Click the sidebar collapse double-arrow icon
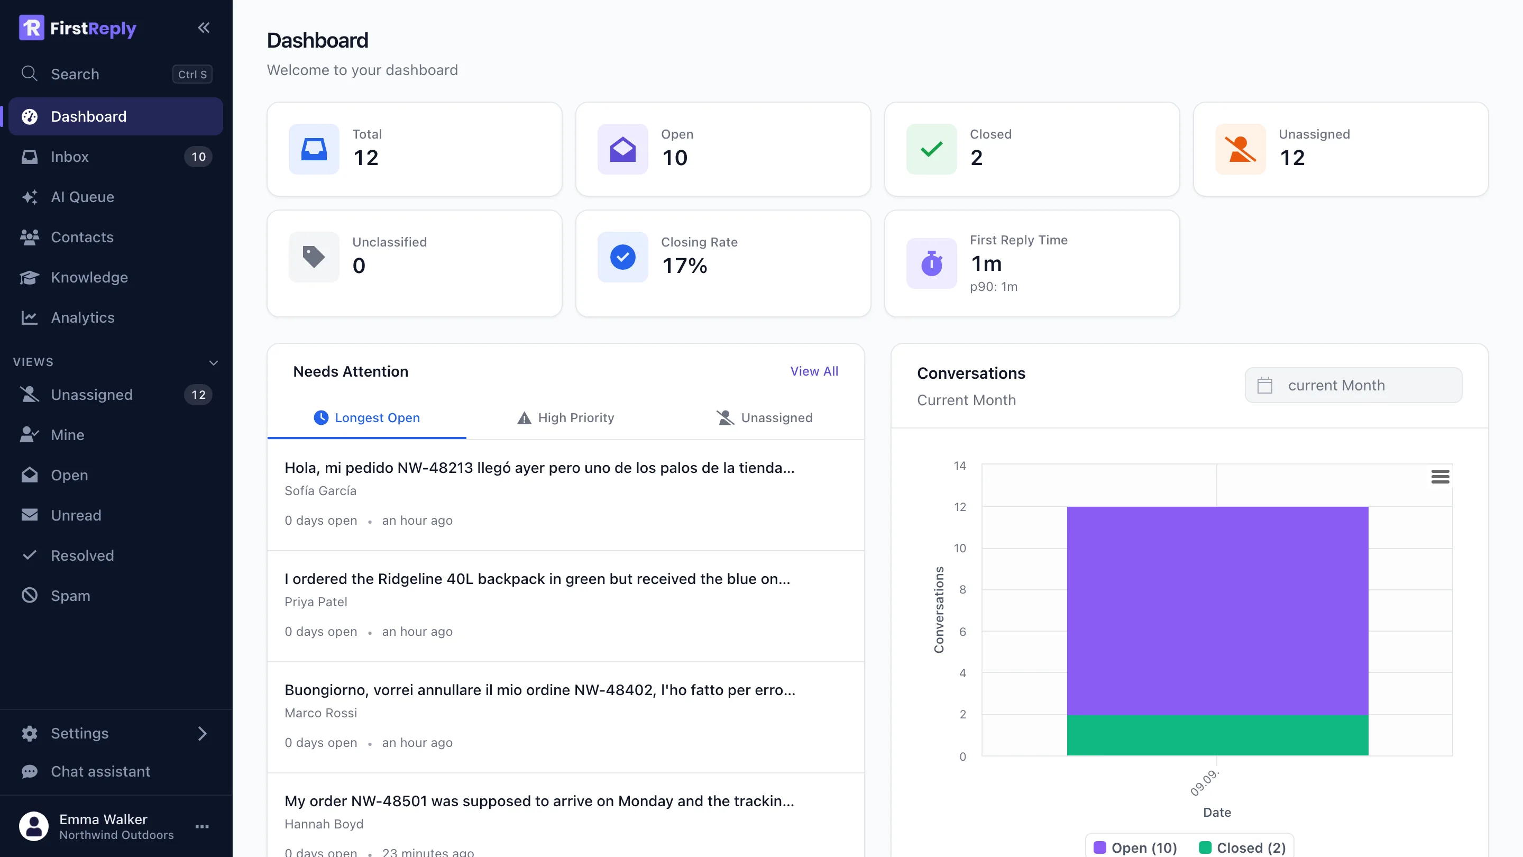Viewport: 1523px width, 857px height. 204,28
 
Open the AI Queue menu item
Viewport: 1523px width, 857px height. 82,197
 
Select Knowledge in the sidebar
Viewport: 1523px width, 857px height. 89,277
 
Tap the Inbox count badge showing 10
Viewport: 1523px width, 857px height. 199,157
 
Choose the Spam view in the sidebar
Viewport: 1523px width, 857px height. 70,596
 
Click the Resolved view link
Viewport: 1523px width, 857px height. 82,555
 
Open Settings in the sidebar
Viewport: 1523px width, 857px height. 79,733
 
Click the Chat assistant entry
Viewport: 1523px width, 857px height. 100,771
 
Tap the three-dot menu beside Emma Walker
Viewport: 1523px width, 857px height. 202,826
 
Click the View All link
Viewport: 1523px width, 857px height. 814,371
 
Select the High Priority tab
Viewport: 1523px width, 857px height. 566,418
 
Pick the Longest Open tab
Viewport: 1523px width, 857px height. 366,418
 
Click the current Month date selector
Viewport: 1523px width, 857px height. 1353,386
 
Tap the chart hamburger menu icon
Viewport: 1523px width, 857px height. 1440,477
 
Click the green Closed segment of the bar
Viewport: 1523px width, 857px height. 1217,735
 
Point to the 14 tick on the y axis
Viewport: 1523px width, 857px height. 960,466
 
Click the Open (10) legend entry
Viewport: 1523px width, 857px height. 1135,847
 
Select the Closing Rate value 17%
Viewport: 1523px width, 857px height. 685,266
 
